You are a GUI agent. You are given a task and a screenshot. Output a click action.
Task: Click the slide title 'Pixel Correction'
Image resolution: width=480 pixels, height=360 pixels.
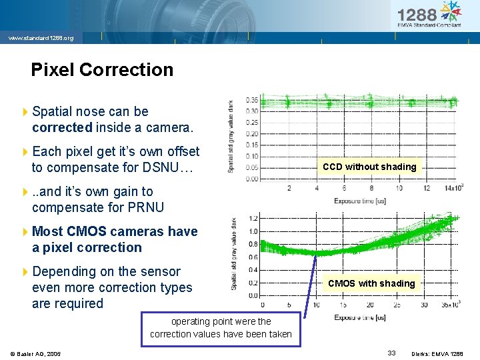point(102,70)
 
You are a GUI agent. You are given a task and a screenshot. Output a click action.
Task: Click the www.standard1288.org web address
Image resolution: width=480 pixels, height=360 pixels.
point(40,38)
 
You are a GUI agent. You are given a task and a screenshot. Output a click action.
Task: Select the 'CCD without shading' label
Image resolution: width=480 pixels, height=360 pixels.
point(369,167)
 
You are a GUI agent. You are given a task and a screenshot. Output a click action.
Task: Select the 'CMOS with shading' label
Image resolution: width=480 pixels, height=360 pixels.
point(371,283)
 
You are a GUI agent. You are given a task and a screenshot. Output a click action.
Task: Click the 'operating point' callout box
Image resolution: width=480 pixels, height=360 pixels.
point(221,328)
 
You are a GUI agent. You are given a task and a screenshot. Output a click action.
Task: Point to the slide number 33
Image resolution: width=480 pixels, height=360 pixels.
point(392,353)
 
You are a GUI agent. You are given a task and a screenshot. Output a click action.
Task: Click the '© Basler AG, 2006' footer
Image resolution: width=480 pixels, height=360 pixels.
point(35,353)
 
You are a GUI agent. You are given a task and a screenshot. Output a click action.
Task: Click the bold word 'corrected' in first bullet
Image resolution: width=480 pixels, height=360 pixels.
point(62,127)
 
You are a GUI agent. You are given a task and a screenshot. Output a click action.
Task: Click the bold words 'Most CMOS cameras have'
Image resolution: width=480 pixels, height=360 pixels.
point(115,231)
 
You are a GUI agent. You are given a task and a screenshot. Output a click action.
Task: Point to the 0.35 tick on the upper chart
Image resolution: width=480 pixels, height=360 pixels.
point(252,100)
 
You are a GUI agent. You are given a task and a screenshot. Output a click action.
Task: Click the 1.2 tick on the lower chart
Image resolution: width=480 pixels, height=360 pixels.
point(254,218)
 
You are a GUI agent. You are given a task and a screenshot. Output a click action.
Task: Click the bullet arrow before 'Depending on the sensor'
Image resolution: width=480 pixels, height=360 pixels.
point(25,272)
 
